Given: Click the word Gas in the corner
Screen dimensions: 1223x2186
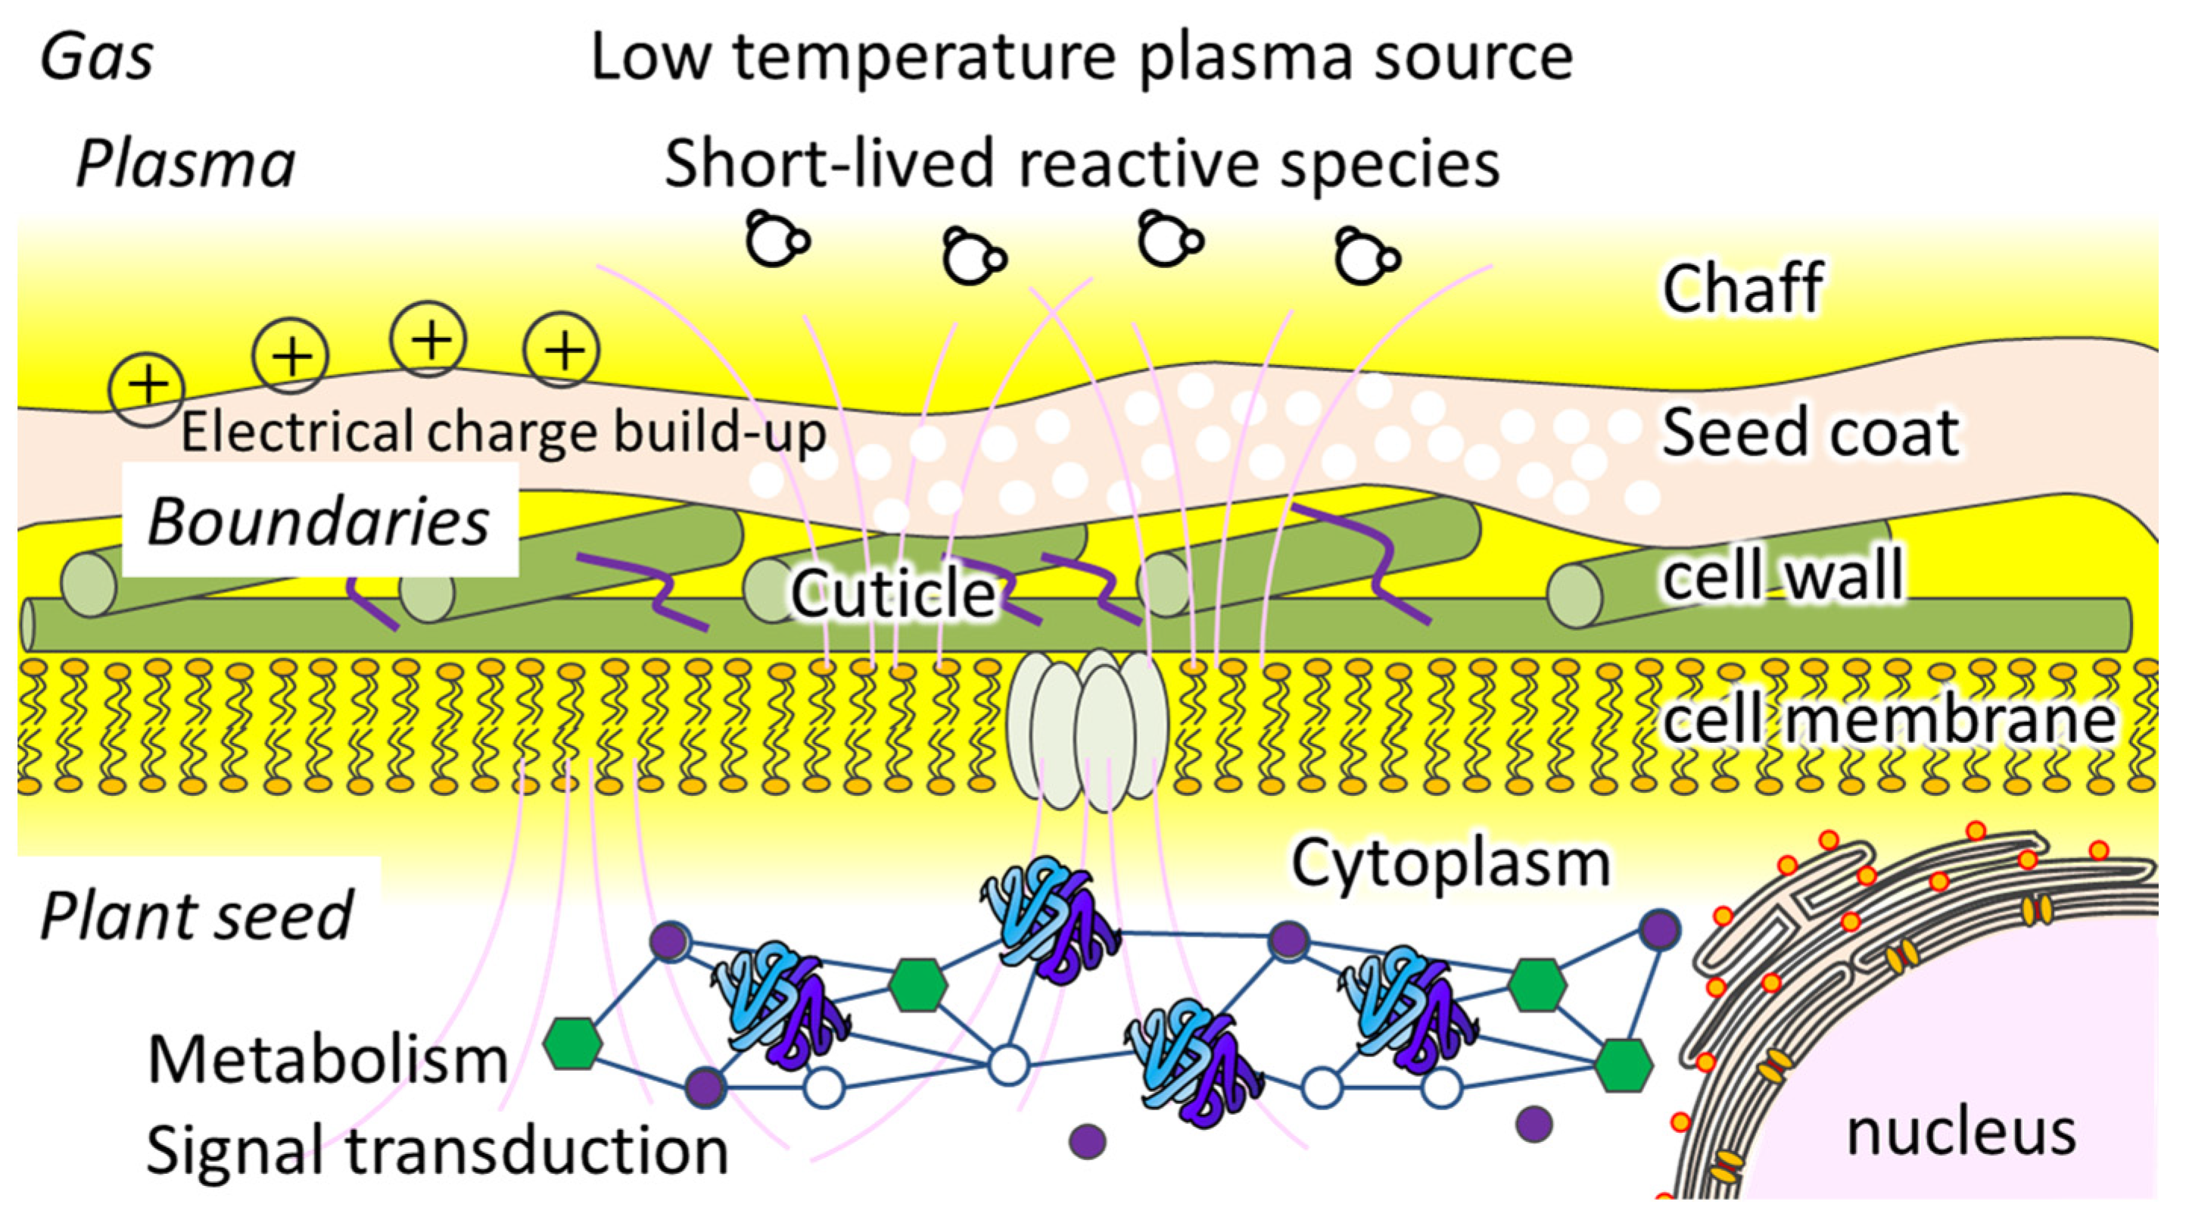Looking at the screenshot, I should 97,58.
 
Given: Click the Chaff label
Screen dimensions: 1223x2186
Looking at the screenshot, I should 1742,289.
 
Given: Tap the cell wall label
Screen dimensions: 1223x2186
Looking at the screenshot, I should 1782,575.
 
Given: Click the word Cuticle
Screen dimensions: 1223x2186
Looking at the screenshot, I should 892,591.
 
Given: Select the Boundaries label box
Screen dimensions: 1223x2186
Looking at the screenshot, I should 319,520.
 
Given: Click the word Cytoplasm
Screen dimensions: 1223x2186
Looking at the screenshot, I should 1450,864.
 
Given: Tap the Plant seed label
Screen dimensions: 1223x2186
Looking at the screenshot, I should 196,916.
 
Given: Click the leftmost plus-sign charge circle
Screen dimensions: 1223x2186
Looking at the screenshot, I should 147,387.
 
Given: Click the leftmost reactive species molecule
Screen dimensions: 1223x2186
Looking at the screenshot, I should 775,240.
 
